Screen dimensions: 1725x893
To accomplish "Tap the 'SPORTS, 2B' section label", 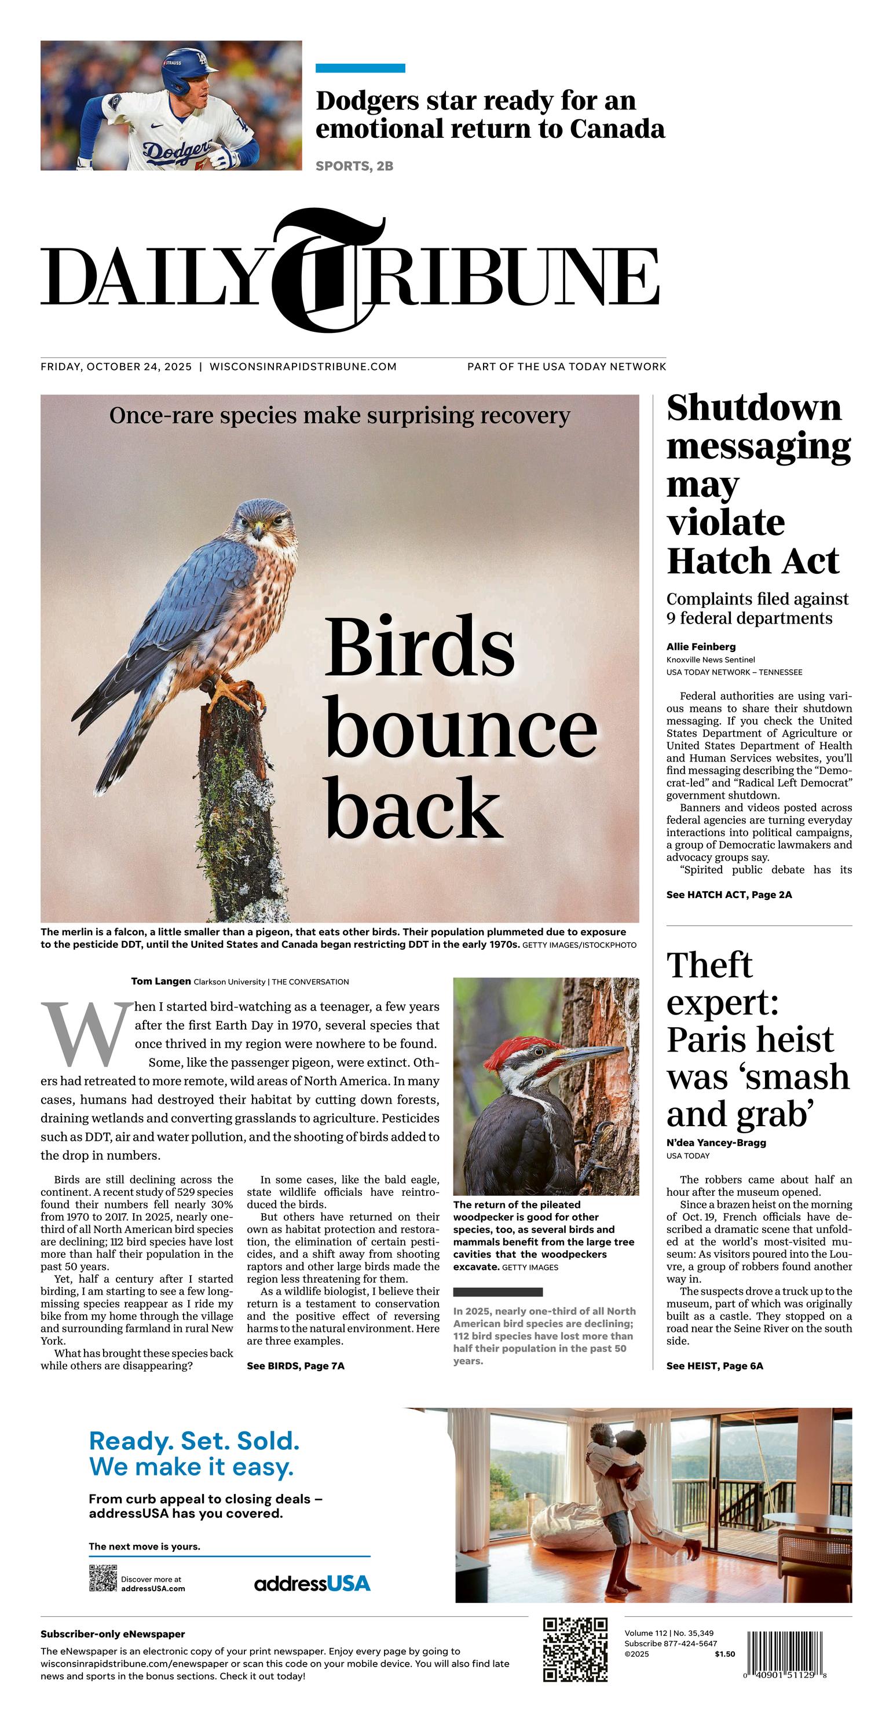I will pyautogui.click(x=354, y=166).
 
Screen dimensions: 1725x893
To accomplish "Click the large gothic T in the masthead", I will pyautogui.click(x=328, y=271).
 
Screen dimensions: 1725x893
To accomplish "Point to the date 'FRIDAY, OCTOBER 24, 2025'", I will pyautogui.click(x=116, y=367).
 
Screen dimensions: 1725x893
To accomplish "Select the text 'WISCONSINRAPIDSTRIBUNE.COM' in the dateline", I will pyautogui.click(x=303, y=367).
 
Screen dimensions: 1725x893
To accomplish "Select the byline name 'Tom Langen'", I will pyautogui.click(x=161, y=981).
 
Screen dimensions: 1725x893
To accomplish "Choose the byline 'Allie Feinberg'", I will pyautogui.click(x=701, y=646).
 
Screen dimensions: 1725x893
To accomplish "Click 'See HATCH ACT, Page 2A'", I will pyautogui.click(x=729, y=894).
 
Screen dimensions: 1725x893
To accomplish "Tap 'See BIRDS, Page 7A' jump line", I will pyautogui.click(x=295, y=1365).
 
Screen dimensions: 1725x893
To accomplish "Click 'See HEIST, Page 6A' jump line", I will pyautogui.click(x=714, y=1365).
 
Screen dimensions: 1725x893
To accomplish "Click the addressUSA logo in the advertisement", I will pyautogui.click(x=312, y=1584).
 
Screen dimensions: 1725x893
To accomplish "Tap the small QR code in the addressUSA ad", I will pyautogui.click(x=103, y=1578).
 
